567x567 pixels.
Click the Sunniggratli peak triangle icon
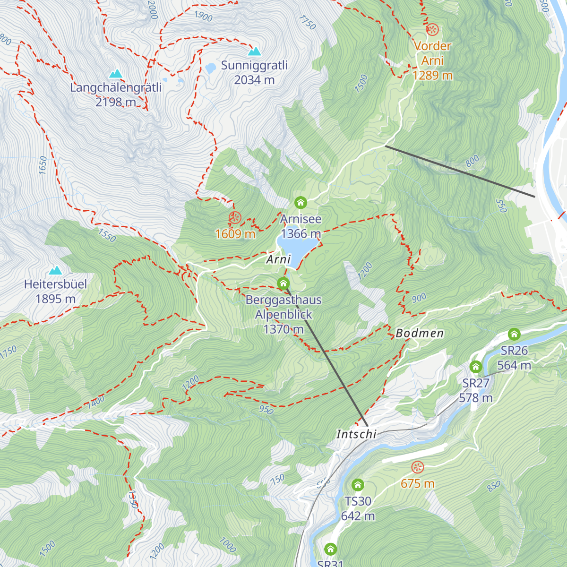point(255,51)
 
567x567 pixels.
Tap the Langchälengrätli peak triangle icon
point(116,74)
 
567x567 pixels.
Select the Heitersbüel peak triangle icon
point(56,270)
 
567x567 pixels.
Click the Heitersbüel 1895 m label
point(56,292)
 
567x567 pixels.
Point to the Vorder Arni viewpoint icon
point(432,30)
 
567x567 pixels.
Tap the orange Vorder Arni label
point(432,60)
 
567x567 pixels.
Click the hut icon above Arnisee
point(301,203)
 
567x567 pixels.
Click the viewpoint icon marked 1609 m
point(235,217)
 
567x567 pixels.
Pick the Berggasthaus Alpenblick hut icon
point(283,283)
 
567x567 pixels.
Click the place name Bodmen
point(420,334)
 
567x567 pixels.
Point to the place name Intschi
point(356,434)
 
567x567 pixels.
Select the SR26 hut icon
point(514,335)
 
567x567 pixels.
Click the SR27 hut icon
point(476,367)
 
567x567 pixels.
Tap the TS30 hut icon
point(358,485)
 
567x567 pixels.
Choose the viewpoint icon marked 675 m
point(417,467)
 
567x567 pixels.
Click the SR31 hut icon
point(330,549)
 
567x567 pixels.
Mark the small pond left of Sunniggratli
point(210,69)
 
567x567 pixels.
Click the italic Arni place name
point(279,259)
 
